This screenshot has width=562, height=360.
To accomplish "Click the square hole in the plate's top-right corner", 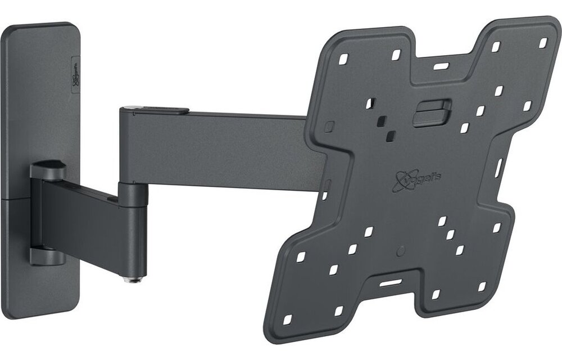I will (x=543, y=43).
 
